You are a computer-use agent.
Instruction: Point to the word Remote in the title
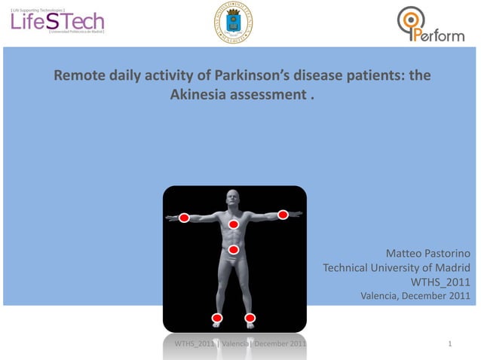click(x=76, y=77)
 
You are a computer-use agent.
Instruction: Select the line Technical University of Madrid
click(x=397, y=268)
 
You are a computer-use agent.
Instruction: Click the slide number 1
click(x=450, y=344)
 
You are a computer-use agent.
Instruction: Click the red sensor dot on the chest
click(x=234, y=224)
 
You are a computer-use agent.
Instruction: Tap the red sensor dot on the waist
click(x=234, y=249)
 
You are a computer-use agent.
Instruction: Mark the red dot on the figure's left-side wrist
click(x=184, y=218)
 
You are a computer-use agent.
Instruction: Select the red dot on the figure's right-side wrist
click(x=283, y=215)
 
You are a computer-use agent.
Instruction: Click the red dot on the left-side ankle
click(x=217, y=317)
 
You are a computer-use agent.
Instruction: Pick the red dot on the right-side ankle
click(x=250, y=317)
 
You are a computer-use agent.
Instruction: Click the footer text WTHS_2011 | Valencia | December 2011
click(x=240, y=344)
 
